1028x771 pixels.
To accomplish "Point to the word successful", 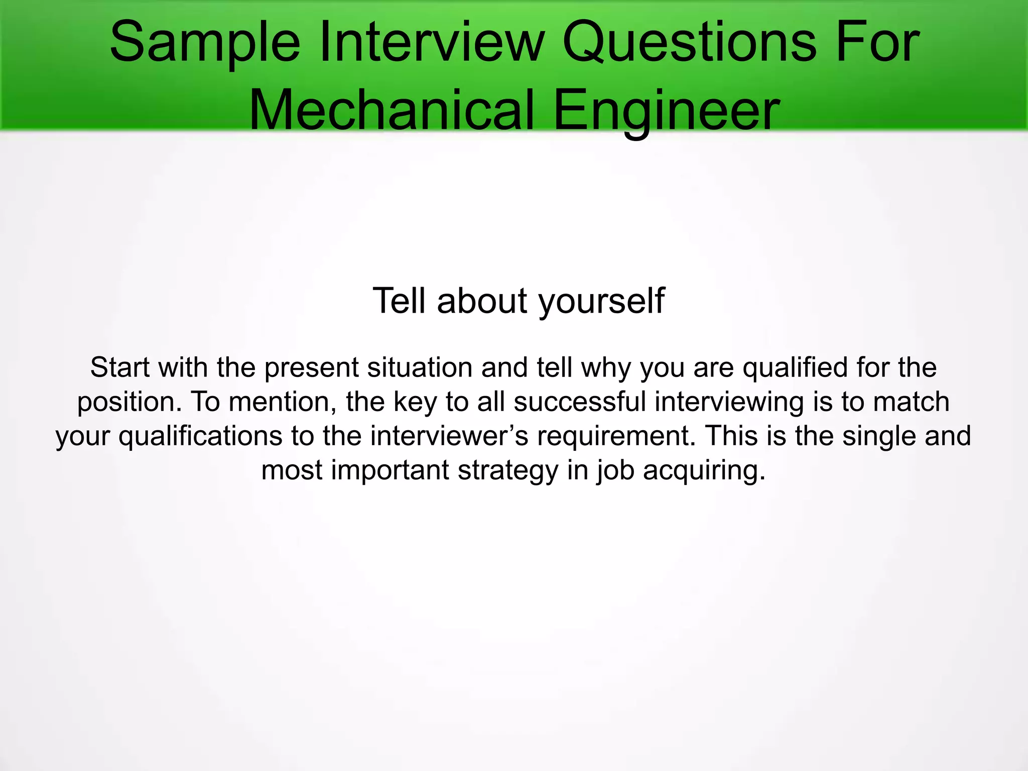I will [x=579, y=402].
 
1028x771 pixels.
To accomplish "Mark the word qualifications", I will [x=200, y=437].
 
